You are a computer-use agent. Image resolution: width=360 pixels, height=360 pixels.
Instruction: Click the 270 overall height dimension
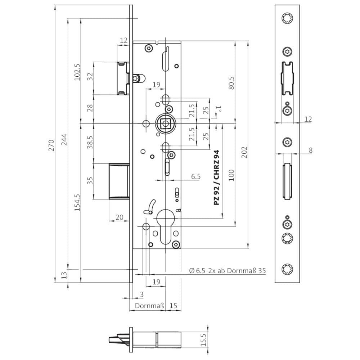[x=51, y=145]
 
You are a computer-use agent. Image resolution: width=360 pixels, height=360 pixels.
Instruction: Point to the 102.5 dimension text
[x=77, y=72]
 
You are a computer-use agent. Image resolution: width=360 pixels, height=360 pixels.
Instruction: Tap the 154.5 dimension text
[x=77, y=202]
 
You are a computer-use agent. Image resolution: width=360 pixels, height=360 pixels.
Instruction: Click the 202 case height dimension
[x=244, y=152]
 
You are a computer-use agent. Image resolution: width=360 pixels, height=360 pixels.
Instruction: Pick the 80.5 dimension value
[x=231, y=83]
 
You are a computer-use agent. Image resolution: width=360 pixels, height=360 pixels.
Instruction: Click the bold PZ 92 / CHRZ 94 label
[x=216, y=177]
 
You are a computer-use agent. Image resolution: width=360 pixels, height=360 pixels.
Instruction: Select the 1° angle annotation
[x=219, y=109]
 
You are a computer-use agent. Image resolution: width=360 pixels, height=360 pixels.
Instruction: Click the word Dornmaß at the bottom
[x=149, y=306]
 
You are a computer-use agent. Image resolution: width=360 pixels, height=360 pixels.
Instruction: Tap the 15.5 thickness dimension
[x=203, y=340]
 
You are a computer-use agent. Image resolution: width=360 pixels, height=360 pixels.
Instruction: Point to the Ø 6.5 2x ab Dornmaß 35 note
[x=227, y=271]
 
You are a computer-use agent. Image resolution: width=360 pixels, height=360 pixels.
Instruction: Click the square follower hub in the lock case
[x=165, y=124]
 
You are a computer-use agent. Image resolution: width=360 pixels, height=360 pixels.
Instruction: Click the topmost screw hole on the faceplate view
[x=287, y=18]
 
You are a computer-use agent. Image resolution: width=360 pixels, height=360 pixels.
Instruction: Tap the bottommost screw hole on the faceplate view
[x=287, y=269]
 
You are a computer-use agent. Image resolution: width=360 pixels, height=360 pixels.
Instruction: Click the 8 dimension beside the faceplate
[x=310, y=150]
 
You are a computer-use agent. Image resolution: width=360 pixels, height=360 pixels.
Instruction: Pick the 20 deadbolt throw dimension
[x=120, y=217]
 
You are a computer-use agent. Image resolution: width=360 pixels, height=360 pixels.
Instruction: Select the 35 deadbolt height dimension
[x=90, y=180]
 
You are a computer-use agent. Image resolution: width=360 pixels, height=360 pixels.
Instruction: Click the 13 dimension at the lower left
[x=64, y=275]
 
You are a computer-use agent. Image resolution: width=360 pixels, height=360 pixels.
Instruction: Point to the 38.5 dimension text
[x=90, y=142]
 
